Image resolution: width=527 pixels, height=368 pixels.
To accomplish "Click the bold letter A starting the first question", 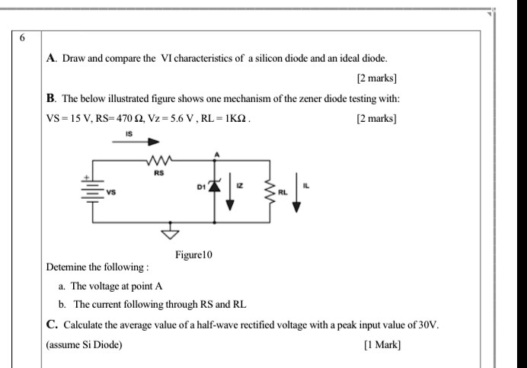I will click(x=51, y=58).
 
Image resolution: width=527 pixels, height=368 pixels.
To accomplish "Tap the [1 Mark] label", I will click(x=382, y=344).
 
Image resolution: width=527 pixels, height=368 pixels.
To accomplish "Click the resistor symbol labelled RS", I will click(x=159, y=160).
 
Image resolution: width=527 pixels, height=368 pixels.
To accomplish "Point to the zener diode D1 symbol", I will click(x=215, y=186).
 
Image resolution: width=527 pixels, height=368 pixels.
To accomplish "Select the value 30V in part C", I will click(x=429, y=325).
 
